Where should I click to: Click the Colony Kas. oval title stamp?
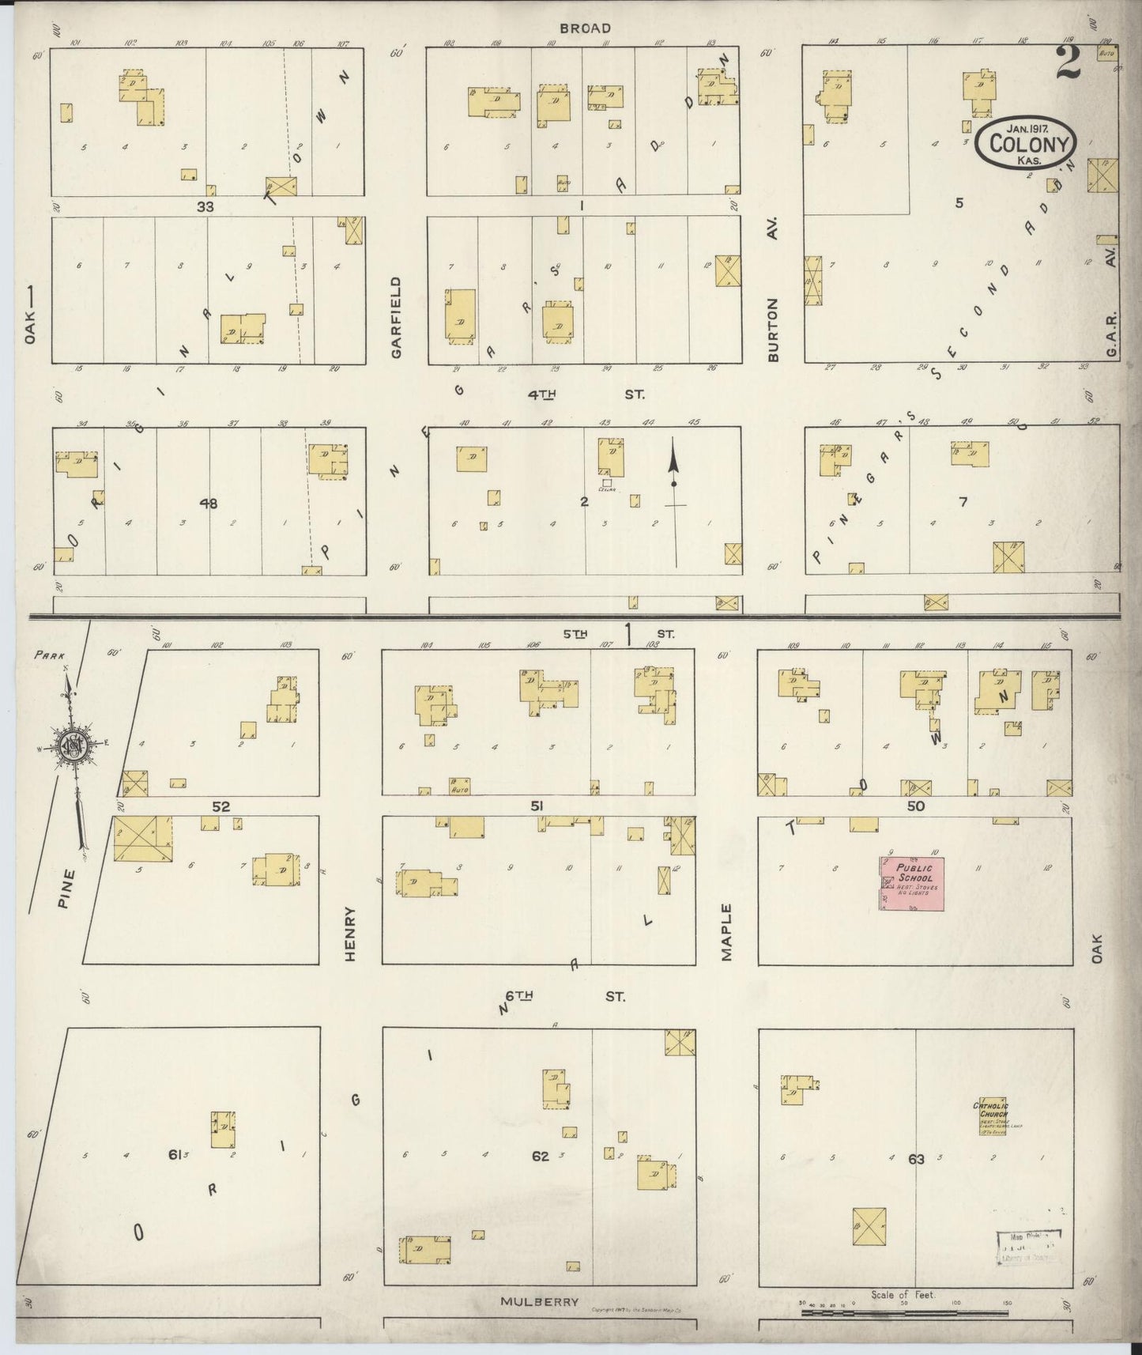click(1027, 144)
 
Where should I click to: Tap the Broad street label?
click(585, 28)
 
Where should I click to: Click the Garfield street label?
click(396, 316)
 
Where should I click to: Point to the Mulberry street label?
click(541, 1301)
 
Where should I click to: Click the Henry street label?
click(351, 934)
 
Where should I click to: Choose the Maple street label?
click(726, 932)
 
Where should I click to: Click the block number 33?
click(206, 206)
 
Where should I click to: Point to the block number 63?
click(916, 1160)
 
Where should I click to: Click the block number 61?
click(175, 1155)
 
